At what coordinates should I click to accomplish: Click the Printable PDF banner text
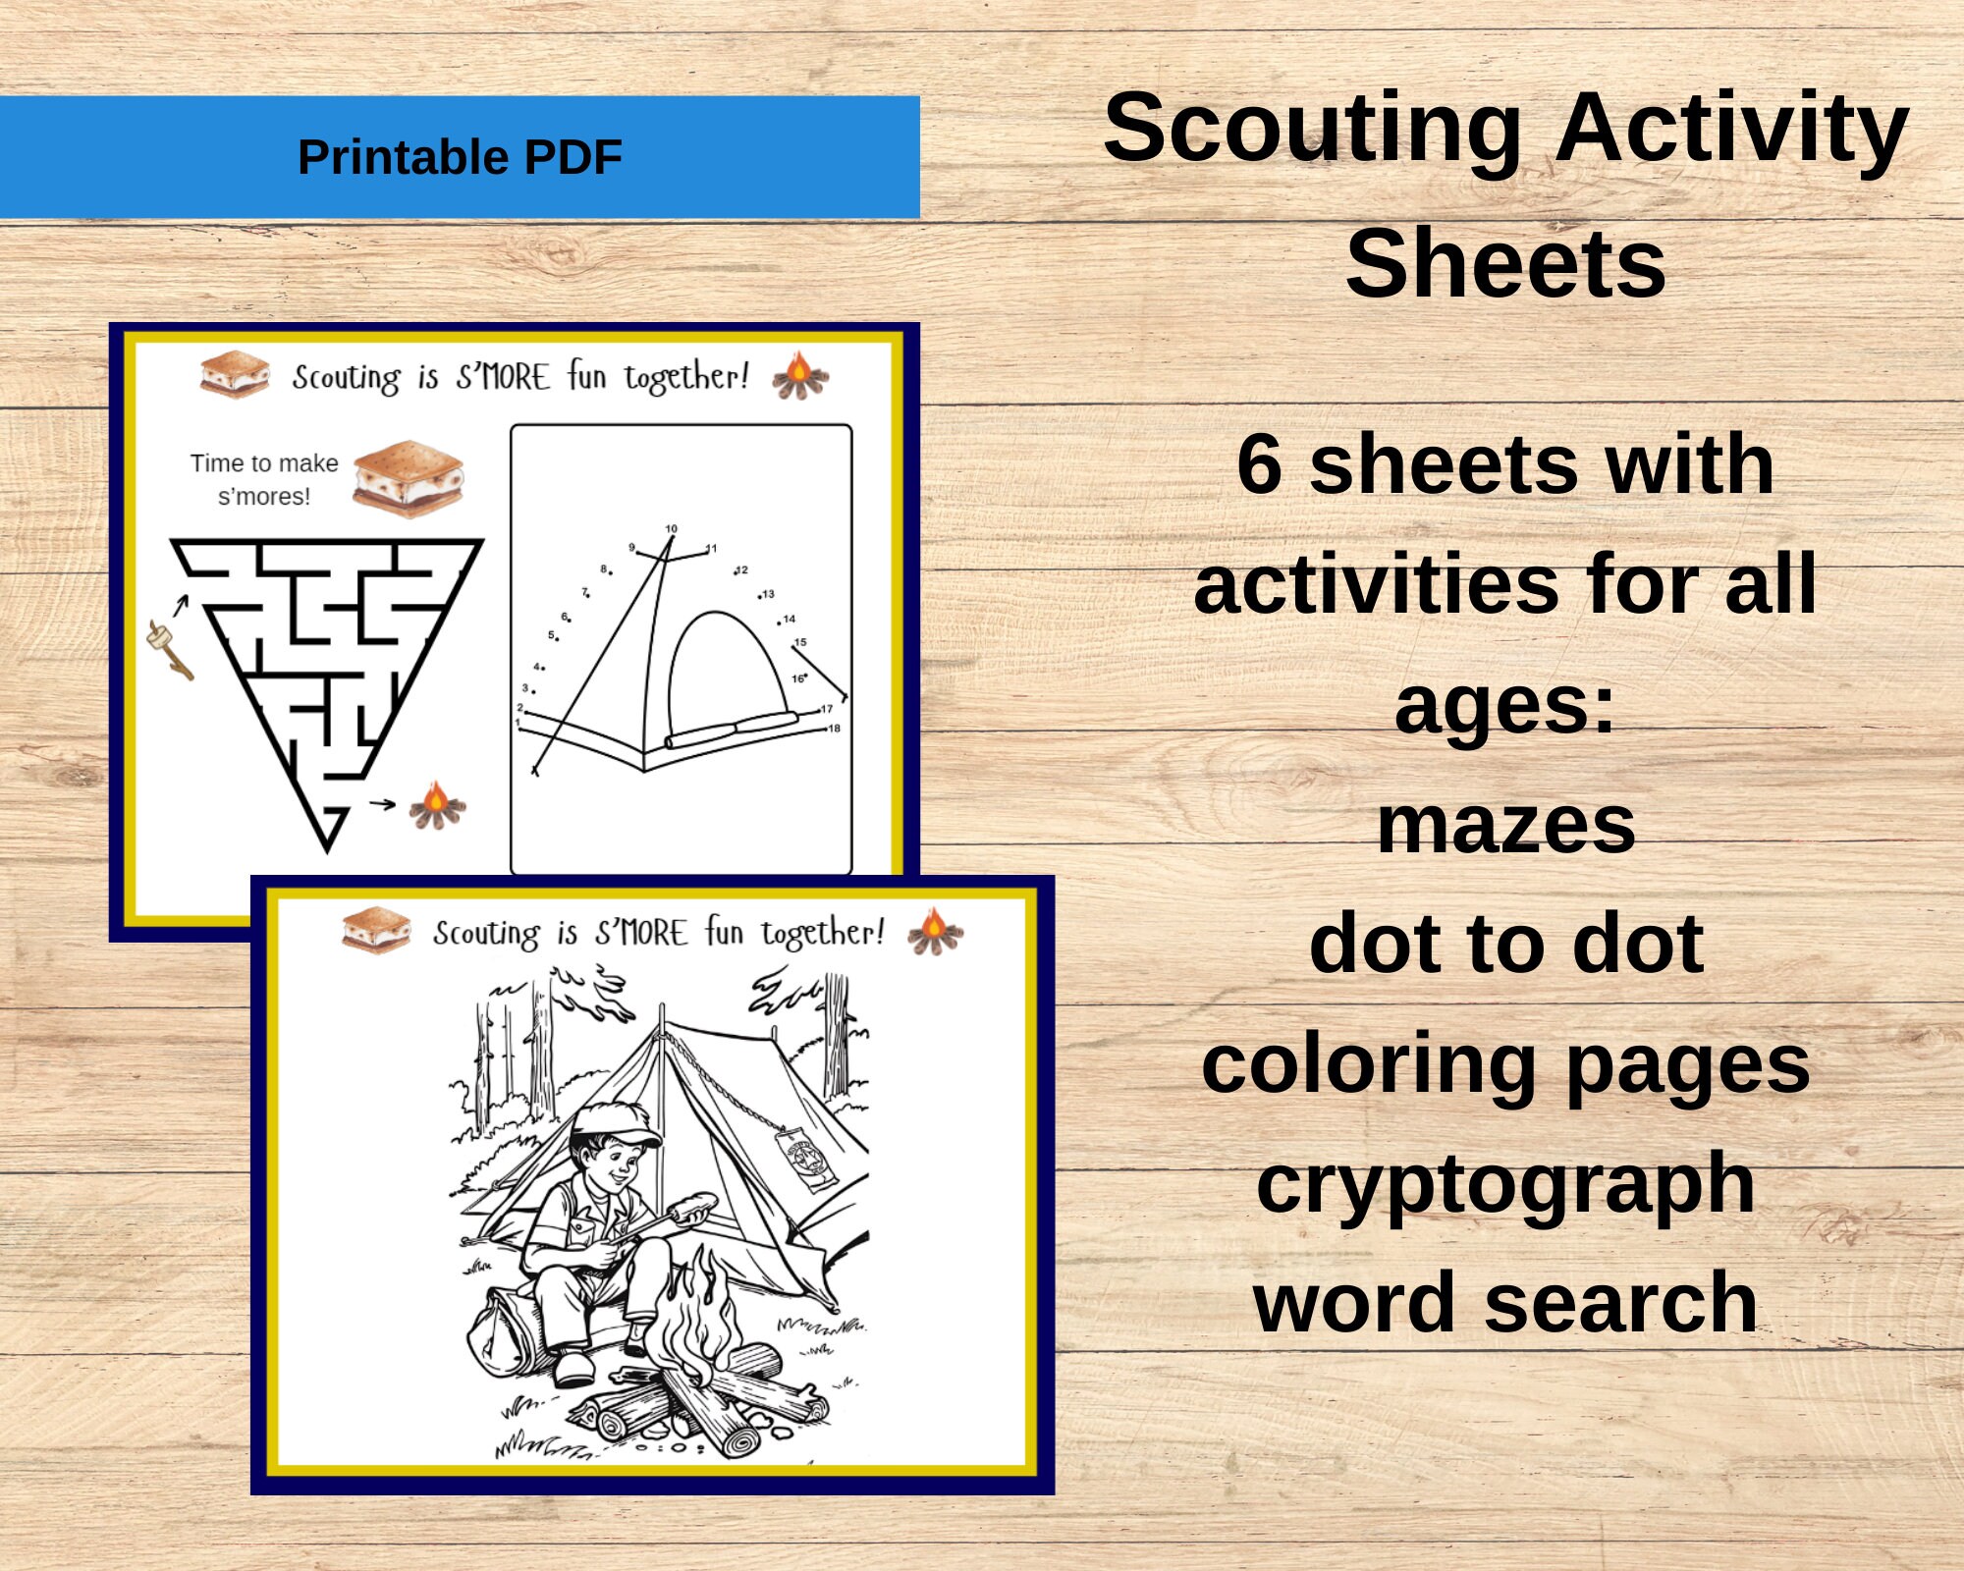tap(460, 157)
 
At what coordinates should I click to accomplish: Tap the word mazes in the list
tap(1505, 826)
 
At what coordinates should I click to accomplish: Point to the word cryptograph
tap(1505, 1183)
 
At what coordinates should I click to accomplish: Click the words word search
tap(1505, 1303)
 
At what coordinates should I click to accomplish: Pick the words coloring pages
tap(1505, 1064)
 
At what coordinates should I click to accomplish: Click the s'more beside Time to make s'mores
tap(408, 478)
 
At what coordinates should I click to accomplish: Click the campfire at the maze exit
tap(437, 805)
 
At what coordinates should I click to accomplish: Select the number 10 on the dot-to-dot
tap(672, 528)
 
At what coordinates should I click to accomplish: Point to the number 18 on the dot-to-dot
tap(834, 729)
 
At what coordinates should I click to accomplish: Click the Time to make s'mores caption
tap(264, 479)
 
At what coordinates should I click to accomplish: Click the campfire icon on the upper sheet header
tap(799, 376)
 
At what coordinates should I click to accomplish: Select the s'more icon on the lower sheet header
tap(375, 930)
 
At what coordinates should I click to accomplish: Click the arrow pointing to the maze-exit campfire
tap(382, 804)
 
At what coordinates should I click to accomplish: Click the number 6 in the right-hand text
tap(1259, 464)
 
